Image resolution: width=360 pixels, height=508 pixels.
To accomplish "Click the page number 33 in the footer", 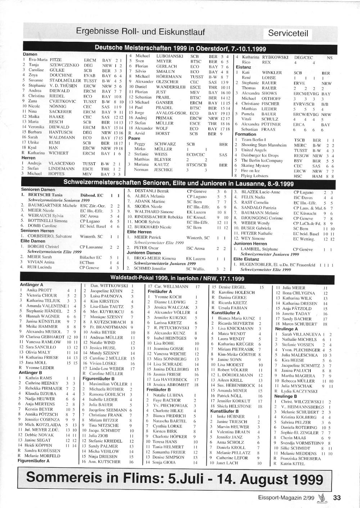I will pyautogui.click(x=337, y=498).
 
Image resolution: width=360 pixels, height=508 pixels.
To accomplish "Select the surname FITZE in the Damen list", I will pyautogui.click(x=55, y=60).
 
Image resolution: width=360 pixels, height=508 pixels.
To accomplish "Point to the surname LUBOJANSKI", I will pyautogui.click(x=169, y=56).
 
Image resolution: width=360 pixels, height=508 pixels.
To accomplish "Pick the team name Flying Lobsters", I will pyautogui.click(x=255, y=176).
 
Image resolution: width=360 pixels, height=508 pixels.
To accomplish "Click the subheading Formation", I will pyautogui.click(x=246, y=134).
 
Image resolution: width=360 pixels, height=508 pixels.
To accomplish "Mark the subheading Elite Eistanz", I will pyautogui.click(x=246, y=259).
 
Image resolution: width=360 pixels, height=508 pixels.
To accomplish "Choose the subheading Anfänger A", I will pyautogui.click(x=31, y=285).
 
